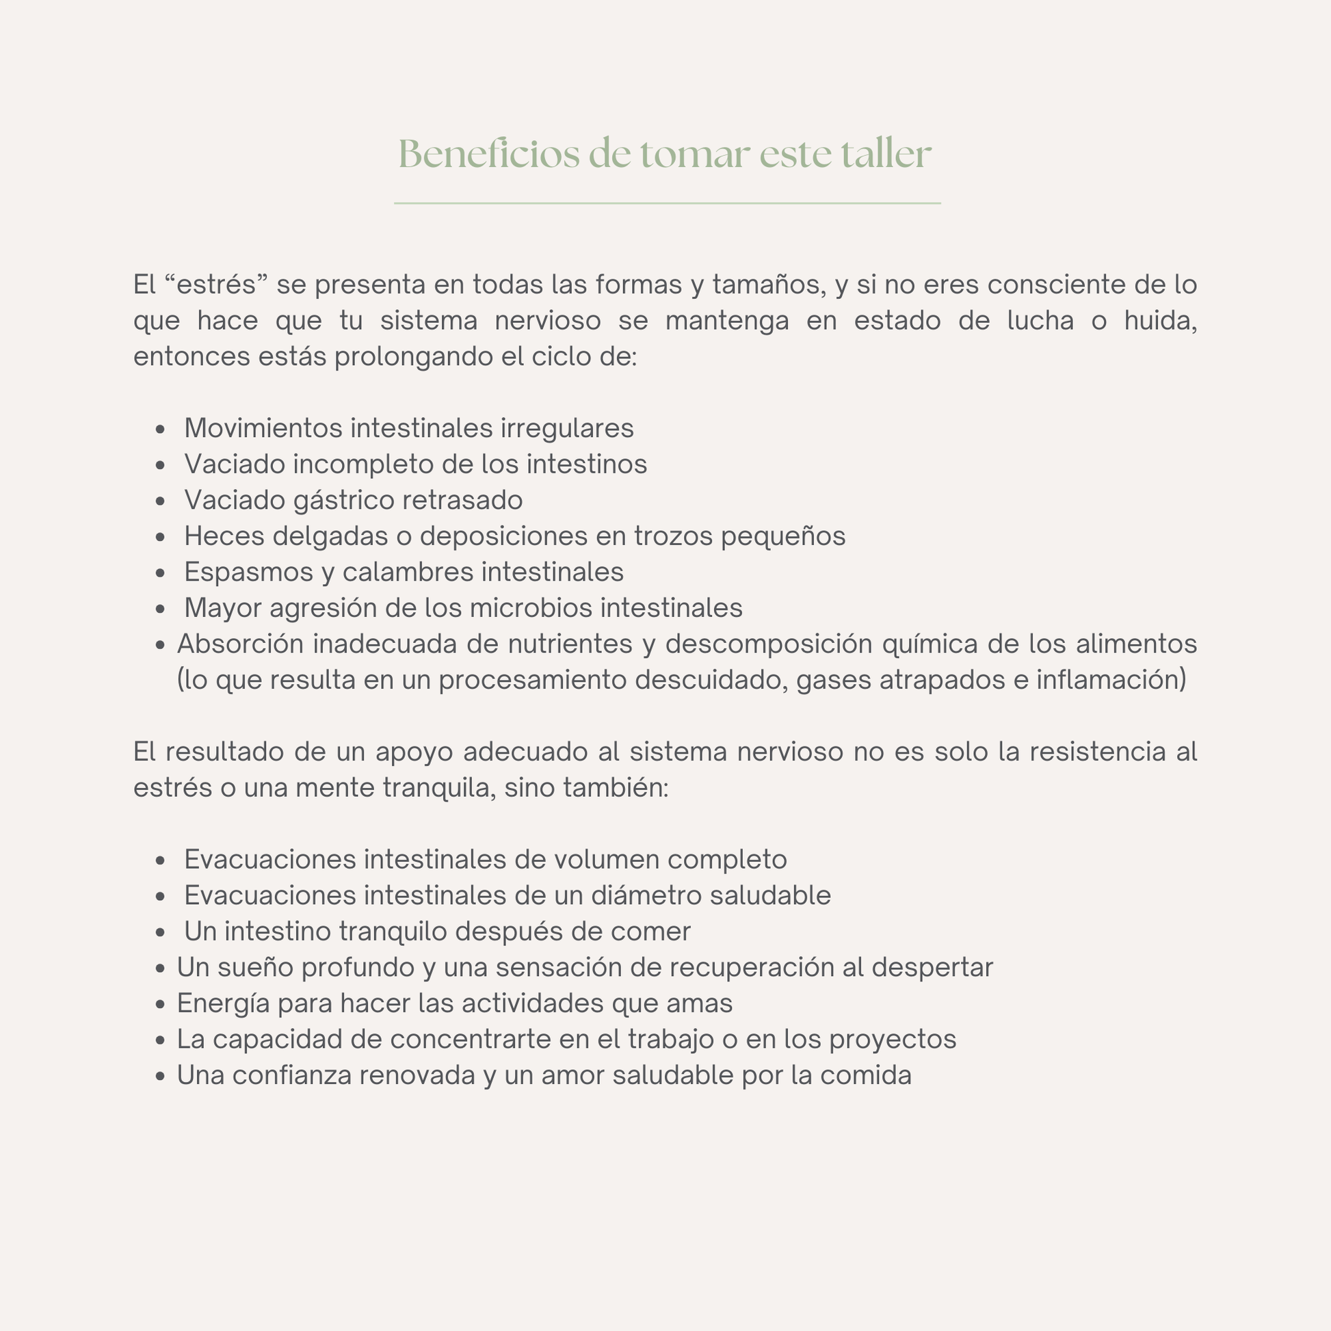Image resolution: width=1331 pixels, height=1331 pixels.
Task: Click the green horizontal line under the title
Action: (667, 203)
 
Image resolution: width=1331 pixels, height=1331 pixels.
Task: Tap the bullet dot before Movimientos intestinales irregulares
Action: (161, 430)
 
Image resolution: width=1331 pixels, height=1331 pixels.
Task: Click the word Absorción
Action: (241, 644)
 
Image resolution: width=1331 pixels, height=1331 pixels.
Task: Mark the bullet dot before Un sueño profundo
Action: (161, 968)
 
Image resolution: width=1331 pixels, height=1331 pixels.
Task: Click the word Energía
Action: (223, 1003)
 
